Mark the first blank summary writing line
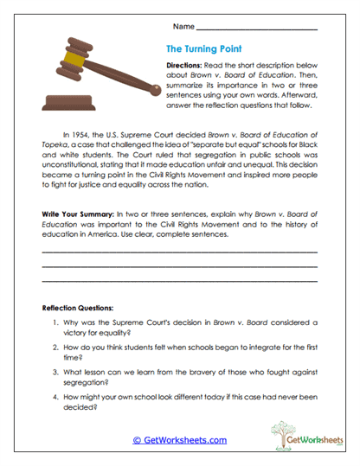pyautogui.click(x=179, y=252)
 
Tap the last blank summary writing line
pyautogui.click(x=179, y=281)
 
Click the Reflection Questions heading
pyautogui.click(x=84, y=308)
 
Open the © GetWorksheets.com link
pyautogui.click(x=179, y=440)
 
